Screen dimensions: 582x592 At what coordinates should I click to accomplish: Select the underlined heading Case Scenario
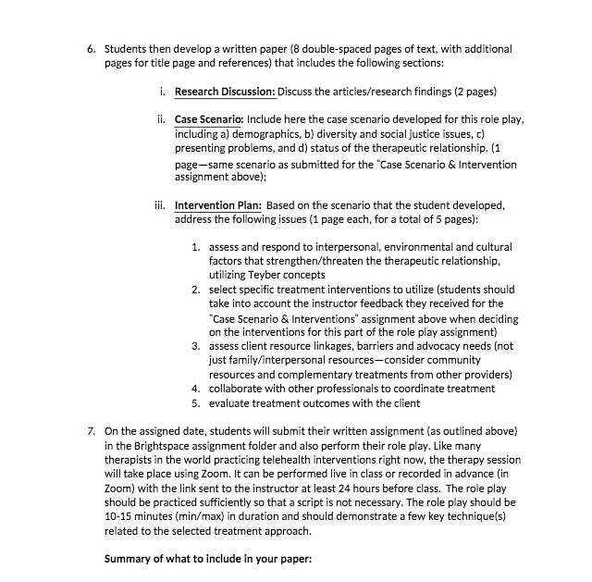[x=208, y=120]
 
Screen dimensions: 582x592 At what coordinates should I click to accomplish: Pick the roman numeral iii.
[x=158, y=206]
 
